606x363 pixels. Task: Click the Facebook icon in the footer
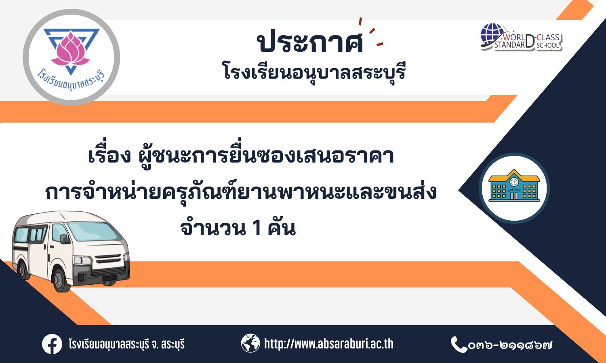[52, 344]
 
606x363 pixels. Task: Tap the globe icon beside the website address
[250, 343]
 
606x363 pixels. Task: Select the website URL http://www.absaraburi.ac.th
[329, 344]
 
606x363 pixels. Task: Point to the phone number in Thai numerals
[510, 345]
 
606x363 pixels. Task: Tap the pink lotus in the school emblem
[71, 50]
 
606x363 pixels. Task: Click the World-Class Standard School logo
[521, 38]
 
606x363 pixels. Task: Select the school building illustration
[514, 186]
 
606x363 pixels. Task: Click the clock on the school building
[514, 182]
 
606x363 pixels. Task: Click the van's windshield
[94, 232]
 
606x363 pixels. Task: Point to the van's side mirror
[64, 239]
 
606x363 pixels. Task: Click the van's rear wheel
[23, 270]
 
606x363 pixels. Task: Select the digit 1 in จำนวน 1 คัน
[257, 228]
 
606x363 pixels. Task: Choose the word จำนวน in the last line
[213, 228]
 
